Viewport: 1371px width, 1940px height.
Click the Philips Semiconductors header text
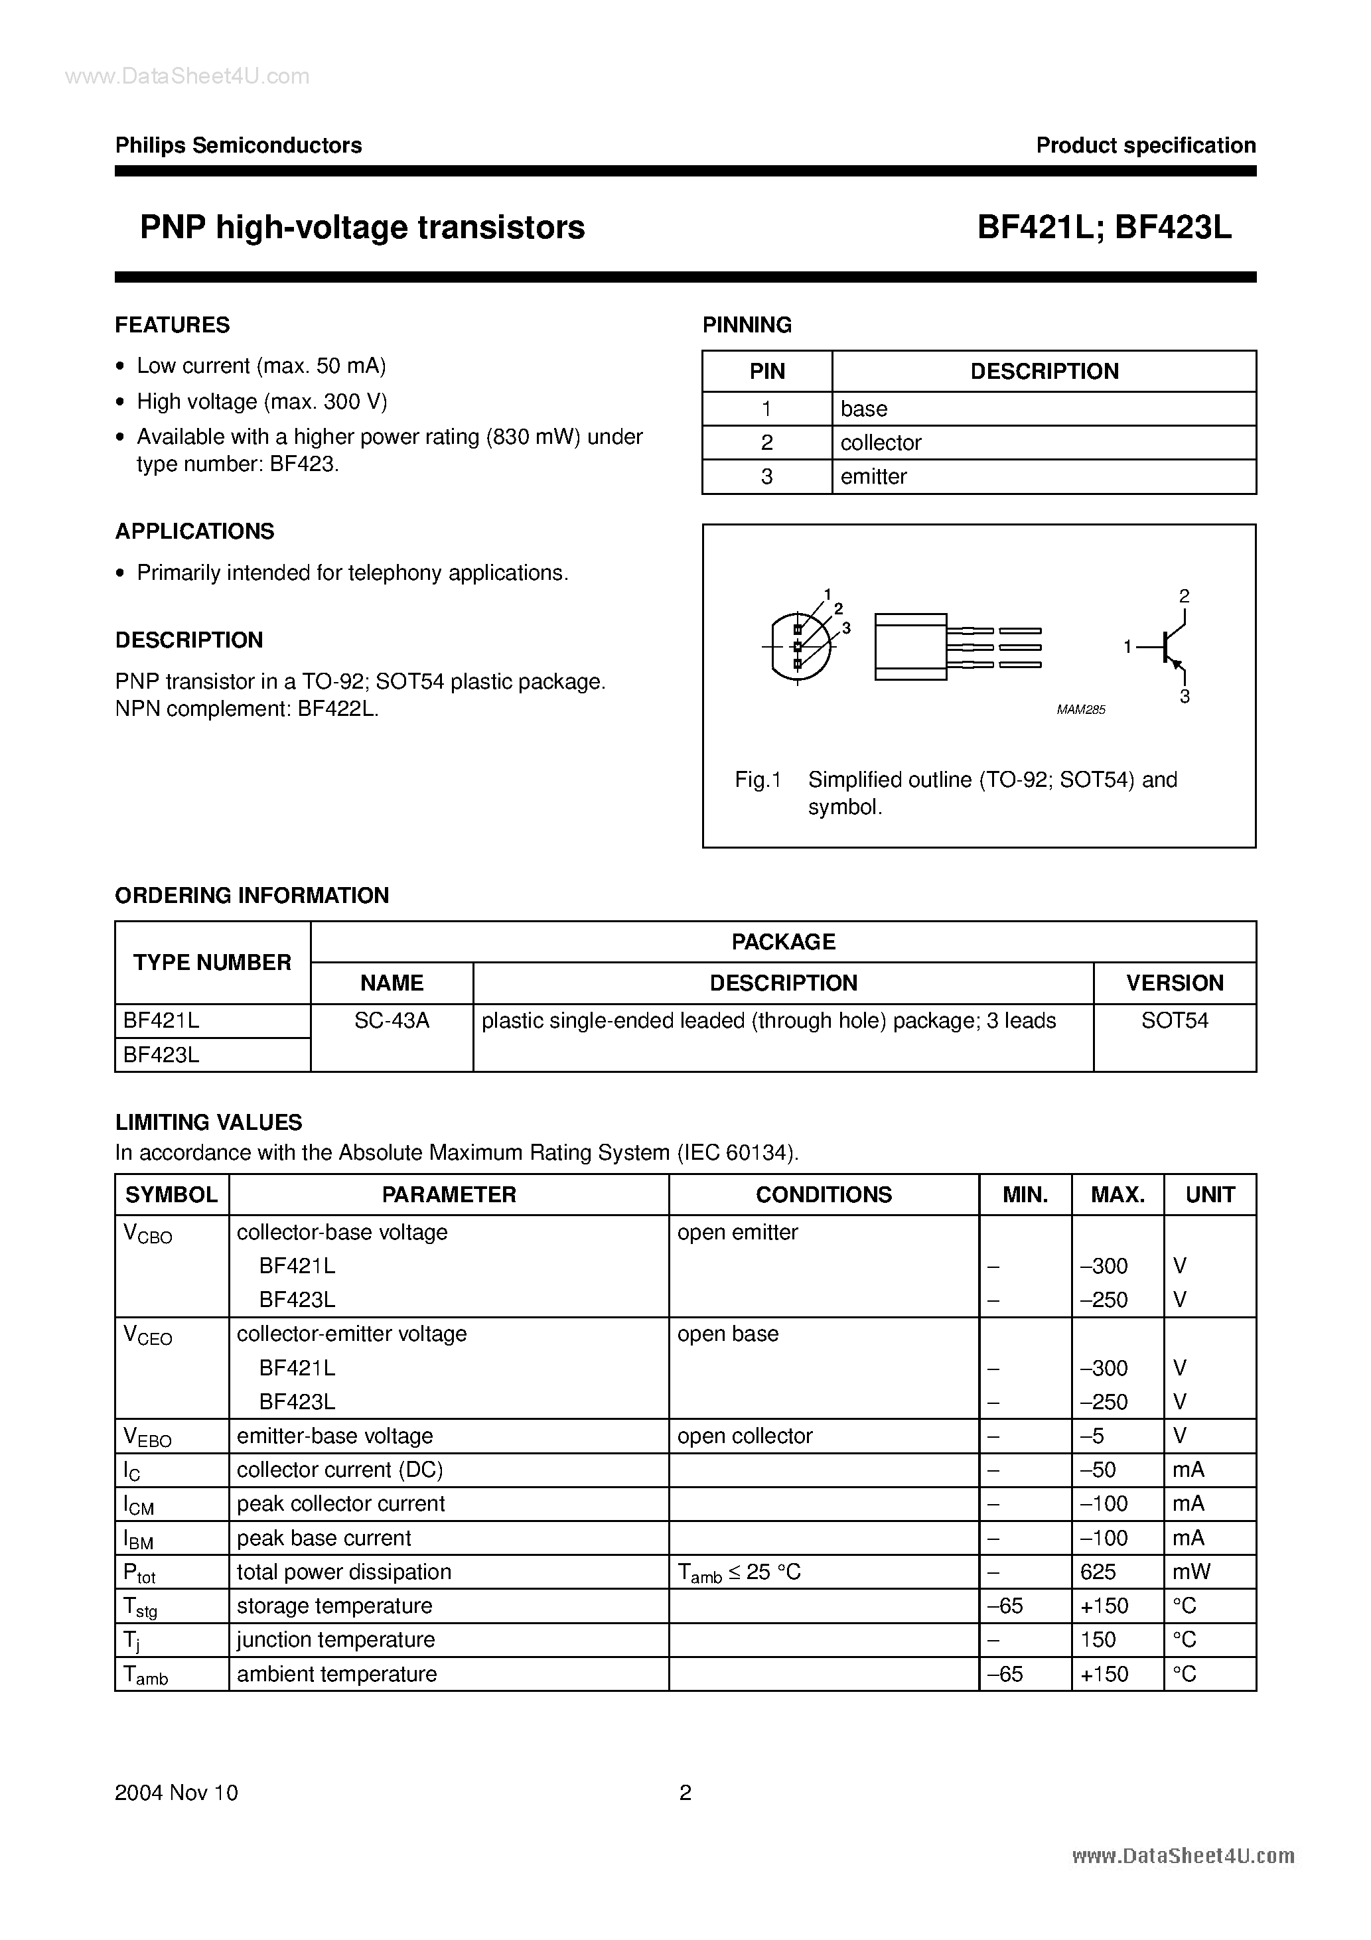point(238,145)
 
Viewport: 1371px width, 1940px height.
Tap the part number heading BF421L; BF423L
point(1104,228)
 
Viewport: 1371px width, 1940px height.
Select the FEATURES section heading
point(173,324)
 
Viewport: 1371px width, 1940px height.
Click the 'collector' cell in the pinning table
point(881,442)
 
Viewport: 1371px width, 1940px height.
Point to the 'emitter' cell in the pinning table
point(873,476)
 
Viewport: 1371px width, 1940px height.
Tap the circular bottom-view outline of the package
point(799,646)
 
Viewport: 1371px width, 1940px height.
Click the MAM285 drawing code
point(1080,710)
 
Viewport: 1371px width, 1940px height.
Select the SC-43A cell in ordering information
point(392,1020)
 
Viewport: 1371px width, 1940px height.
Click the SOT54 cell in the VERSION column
point(1174,1020)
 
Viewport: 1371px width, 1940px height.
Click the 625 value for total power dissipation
point(1098,1572)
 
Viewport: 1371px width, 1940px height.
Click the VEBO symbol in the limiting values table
point(147,1436)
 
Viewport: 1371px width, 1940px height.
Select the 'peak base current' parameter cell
point(324,1538)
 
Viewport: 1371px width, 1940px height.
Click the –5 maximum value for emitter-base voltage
point(1092,1436)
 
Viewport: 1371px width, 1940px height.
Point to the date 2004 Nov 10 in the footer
point(176,1792)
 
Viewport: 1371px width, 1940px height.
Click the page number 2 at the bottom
point(685,1792)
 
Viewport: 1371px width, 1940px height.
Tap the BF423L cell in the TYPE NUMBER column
point(161,1054)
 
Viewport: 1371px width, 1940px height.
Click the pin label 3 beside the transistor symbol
point(1185,697)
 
